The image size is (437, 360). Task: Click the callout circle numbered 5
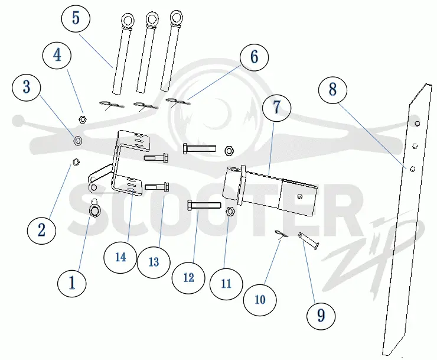76,18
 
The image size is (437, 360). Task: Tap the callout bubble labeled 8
332,90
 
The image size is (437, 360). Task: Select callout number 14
120,257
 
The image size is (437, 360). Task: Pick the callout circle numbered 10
260,300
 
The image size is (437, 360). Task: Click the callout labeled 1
72,283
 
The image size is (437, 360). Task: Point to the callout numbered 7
276,108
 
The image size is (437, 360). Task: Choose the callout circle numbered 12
188,277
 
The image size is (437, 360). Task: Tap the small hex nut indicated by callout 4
82,119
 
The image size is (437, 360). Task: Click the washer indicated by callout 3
77,140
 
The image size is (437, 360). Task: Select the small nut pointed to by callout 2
76,162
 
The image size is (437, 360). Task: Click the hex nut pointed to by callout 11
230,211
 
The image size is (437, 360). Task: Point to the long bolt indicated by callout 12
204,206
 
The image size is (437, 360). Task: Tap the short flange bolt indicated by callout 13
157,187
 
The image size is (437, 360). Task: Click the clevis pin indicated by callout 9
308,241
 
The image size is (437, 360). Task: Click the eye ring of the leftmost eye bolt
128,20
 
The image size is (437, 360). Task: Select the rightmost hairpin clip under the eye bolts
178,102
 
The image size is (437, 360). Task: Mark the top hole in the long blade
417,124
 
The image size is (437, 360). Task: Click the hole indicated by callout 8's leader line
412,169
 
